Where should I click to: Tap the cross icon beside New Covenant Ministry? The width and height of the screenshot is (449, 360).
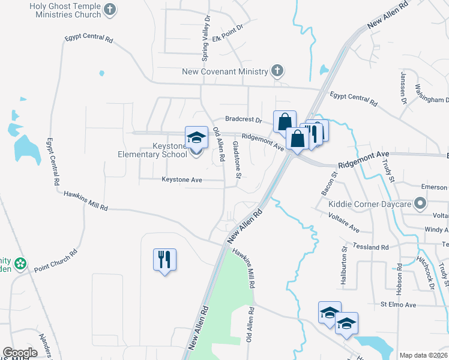[x=277, y=71]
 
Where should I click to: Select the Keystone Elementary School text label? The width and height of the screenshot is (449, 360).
[x=153, y=149]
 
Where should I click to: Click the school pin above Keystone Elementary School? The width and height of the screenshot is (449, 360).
[x=196, y=138]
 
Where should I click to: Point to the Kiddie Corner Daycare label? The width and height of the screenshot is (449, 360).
[x=369, y=204]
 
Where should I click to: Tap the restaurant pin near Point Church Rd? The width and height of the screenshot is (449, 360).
[x=164, y=260]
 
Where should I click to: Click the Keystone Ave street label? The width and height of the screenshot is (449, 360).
[x=182, y=179]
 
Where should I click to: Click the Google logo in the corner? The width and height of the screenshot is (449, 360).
[x=20, y=353]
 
